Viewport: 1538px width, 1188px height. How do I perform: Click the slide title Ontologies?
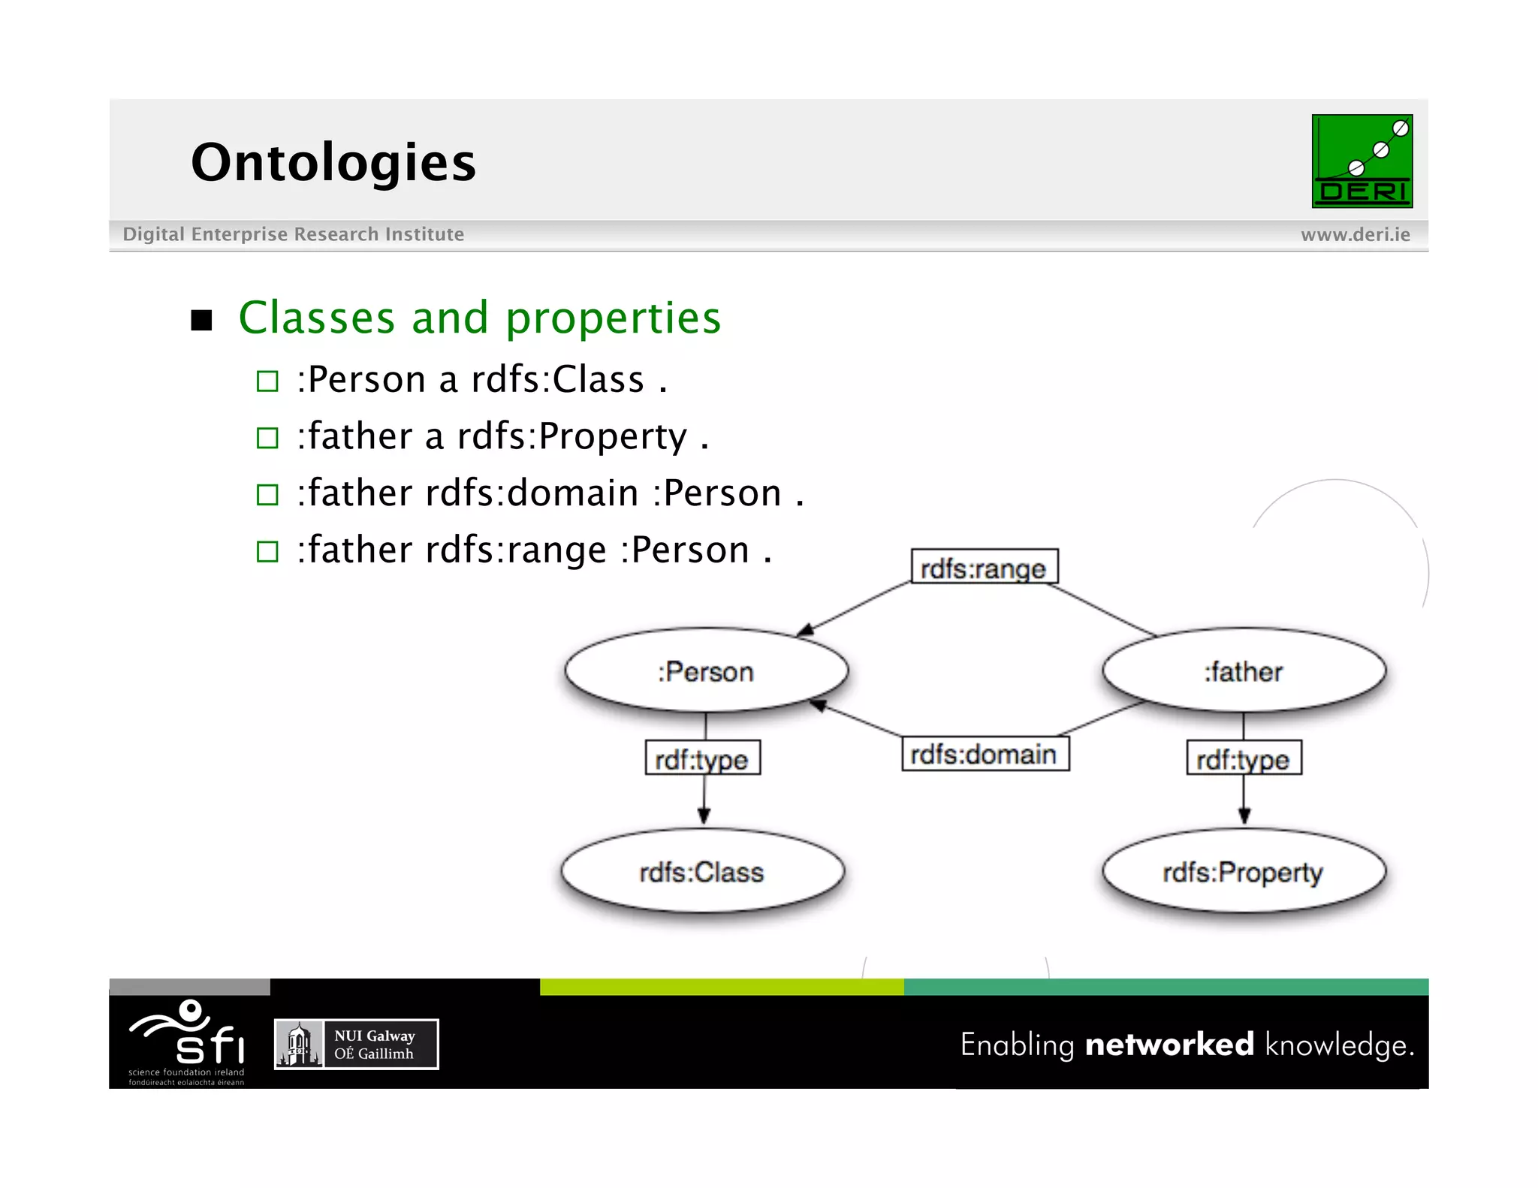[x=333, y=162]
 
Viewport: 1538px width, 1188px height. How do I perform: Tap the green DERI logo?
[x=1362, y=161]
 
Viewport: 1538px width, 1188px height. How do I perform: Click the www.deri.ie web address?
[x=1355, y=235]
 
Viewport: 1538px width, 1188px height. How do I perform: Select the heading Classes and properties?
[x=479, y=318]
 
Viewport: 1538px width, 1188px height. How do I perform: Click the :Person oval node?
[x=706, y=671]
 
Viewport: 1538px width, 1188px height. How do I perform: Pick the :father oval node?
[x=1244, y=671]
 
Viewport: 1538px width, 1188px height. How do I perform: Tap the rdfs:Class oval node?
[x=702, y=872]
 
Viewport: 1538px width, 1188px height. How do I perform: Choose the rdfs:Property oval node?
[x=1244, y=872]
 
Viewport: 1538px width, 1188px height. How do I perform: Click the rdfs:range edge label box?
[x=984, y=568]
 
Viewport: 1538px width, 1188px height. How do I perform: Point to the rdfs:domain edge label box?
[x=985, y=754]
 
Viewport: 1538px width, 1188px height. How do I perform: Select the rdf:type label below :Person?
[x=702, y=758]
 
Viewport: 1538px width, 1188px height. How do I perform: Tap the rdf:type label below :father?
[x=1244, y=758]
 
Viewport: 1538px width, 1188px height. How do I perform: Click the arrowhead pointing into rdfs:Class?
[x=704, y=816]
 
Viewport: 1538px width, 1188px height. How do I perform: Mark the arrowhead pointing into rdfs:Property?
[x=1244, y=816]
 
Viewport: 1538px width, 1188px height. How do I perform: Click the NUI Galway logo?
[x=356, y=1044]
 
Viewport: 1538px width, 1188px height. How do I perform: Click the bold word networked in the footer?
[x=1169, y=1045]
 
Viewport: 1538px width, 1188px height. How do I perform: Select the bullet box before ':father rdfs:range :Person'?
[x=267, y=552]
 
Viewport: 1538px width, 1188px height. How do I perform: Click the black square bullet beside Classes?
[x=201, y=321]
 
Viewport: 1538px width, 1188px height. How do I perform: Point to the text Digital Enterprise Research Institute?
[x=293, y=234]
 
